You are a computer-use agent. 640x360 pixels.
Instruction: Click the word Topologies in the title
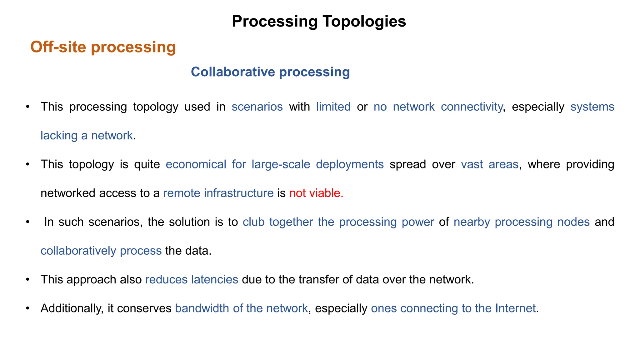(x=364, y=22)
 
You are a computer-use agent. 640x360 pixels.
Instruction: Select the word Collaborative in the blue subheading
(x=233, y=72)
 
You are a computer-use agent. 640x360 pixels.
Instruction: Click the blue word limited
(x=333, y=107)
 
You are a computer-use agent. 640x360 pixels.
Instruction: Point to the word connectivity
(x=472, y=107)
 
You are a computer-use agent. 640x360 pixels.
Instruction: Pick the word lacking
(x=59, y=136)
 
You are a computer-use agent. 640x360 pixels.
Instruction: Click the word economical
(x=196, y=164)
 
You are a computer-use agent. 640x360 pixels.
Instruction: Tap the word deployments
(x=350, y=164)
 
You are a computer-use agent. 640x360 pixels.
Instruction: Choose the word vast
(x=472, y=164)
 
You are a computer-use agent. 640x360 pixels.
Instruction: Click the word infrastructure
(x=239, y=193)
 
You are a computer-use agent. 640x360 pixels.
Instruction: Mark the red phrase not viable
(x=316, y=193)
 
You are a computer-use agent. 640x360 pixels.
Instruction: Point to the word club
(x=253, y=222)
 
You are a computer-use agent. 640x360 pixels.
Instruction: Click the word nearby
(x=472, y=222)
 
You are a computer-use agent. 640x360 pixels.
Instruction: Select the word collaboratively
(x=78, y=251)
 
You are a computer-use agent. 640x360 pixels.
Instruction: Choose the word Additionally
(x=72, y=308)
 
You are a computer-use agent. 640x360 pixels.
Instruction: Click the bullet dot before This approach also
(x=27, y=279)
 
